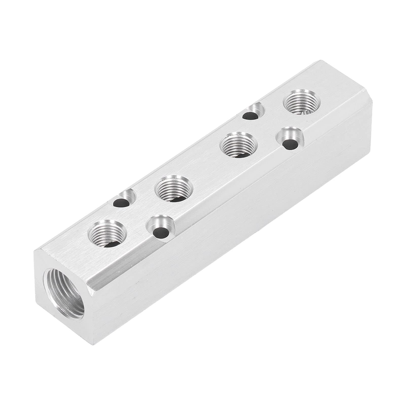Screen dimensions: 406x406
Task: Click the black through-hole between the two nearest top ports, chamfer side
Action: pyautogui.click(x=160, y=232)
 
